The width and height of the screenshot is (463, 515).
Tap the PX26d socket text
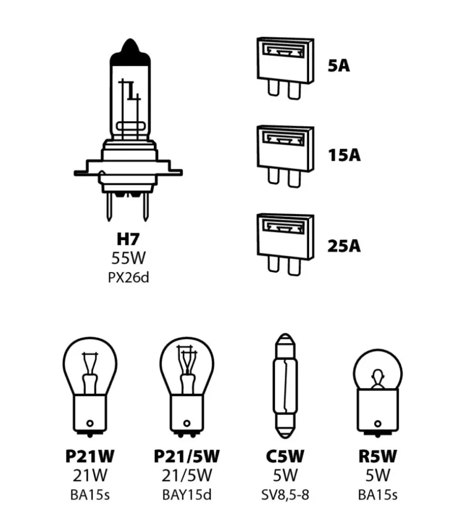(128, 277)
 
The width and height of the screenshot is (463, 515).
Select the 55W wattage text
(128, 259)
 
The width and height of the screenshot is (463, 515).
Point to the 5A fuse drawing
(285, 68)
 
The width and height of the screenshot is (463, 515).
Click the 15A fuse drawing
(285, 156)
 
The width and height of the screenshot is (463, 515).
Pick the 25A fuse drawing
(285, 245)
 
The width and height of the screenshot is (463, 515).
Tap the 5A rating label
(338, 67)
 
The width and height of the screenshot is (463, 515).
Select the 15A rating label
(344, 156)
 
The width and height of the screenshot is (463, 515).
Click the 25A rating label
(344, 246)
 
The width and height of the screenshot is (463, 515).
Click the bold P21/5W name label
(186, 456)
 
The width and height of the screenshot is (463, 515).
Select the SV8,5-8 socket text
(285, 495)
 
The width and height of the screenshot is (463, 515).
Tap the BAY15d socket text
(186, 495)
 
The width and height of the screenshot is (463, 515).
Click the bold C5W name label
(285, 456)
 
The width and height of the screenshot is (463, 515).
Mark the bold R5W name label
(377, 456)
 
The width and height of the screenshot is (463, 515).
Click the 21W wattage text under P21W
(89, 475)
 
